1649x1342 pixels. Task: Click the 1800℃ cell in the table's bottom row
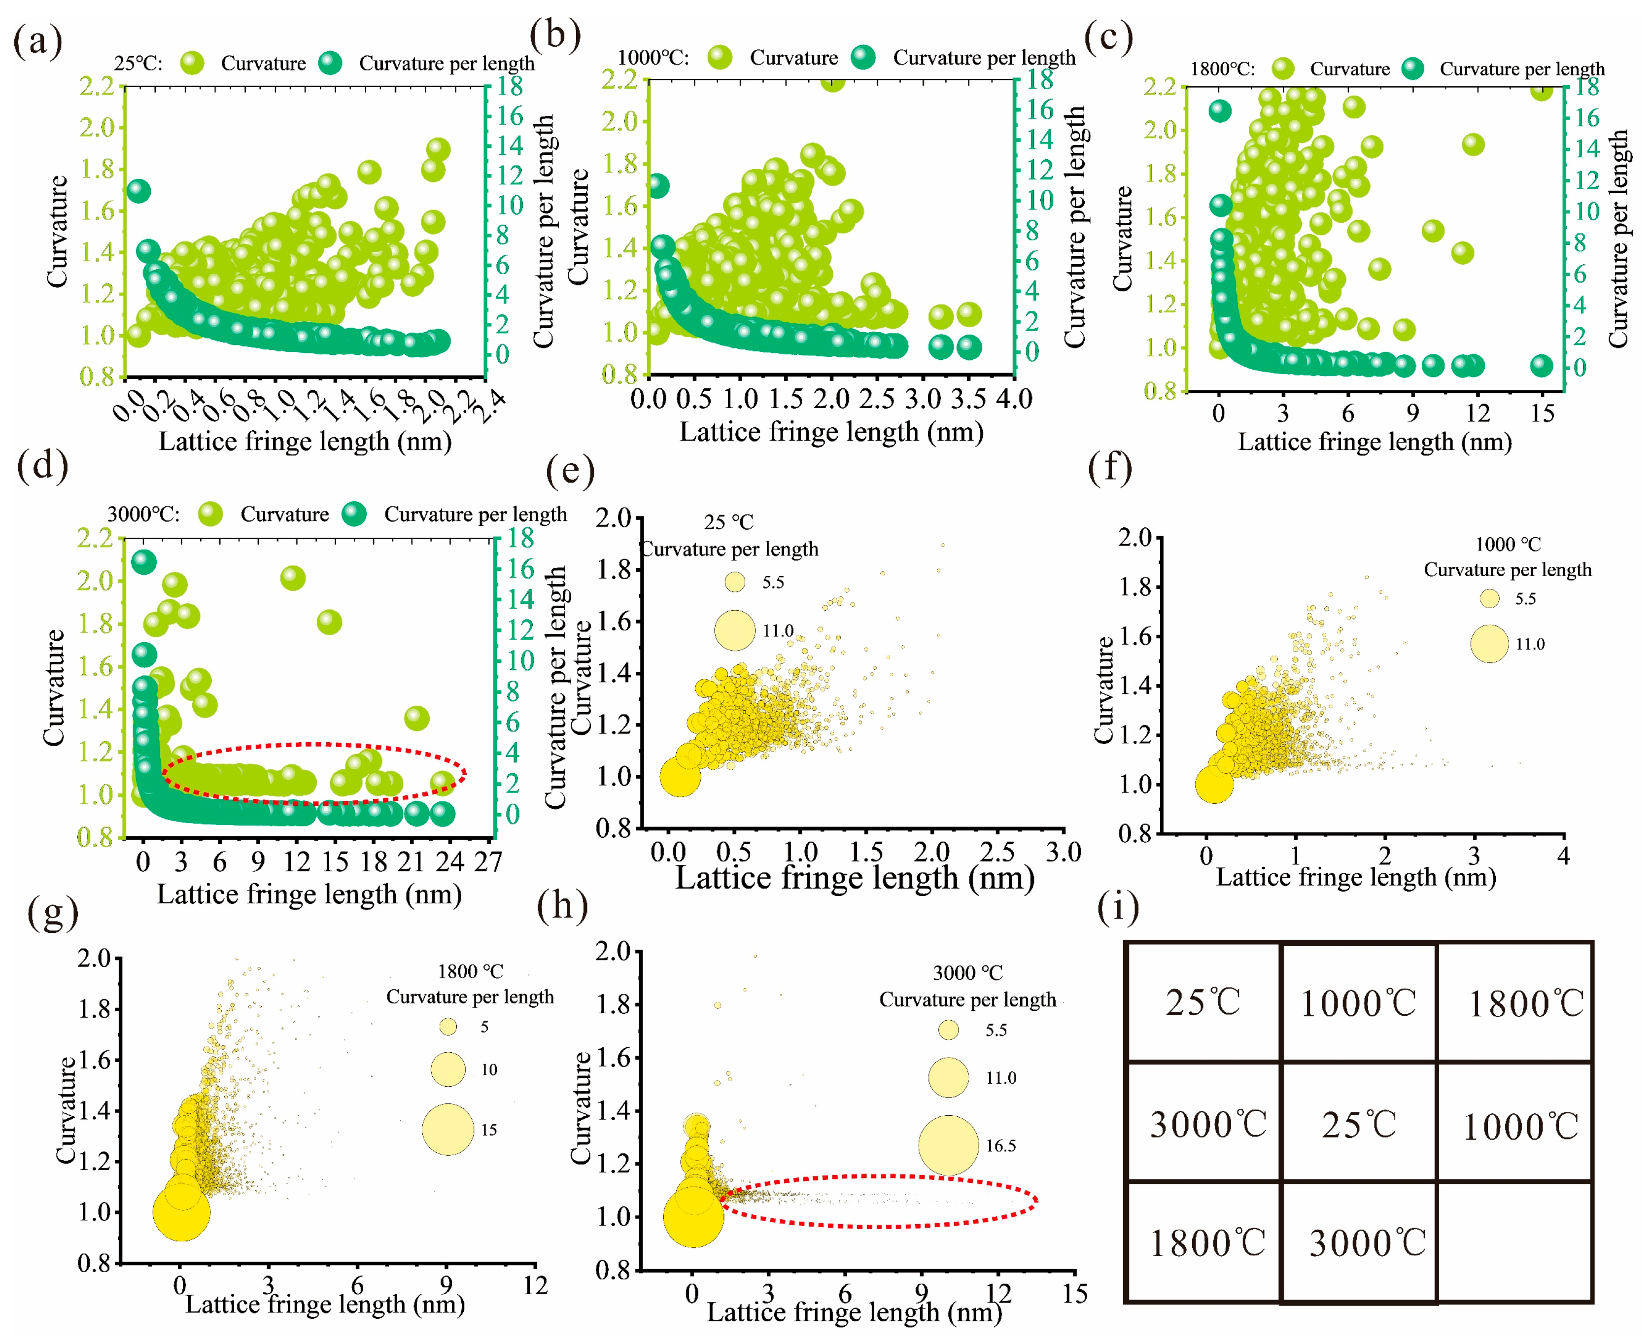tap(1207, 1243)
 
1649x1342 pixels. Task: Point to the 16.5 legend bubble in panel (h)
tap(949, 1145)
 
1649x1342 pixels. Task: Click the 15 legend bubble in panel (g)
tap(447, 1130)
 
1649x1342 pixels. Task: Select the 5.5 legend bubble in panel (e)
tap(734, 582)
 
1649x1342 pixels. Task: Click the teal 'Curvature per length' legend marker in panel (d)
tap(355, 514)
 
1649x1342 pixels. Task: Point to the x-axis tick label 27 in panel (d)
tap(488, 861)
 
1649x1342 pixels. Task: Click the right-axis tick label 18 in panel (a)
tap(510, 86)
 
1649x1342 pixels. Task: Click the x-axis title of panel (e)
tap(854, 878)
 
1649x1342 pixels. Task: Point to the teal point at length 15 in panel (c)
tap(1542, 366)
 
